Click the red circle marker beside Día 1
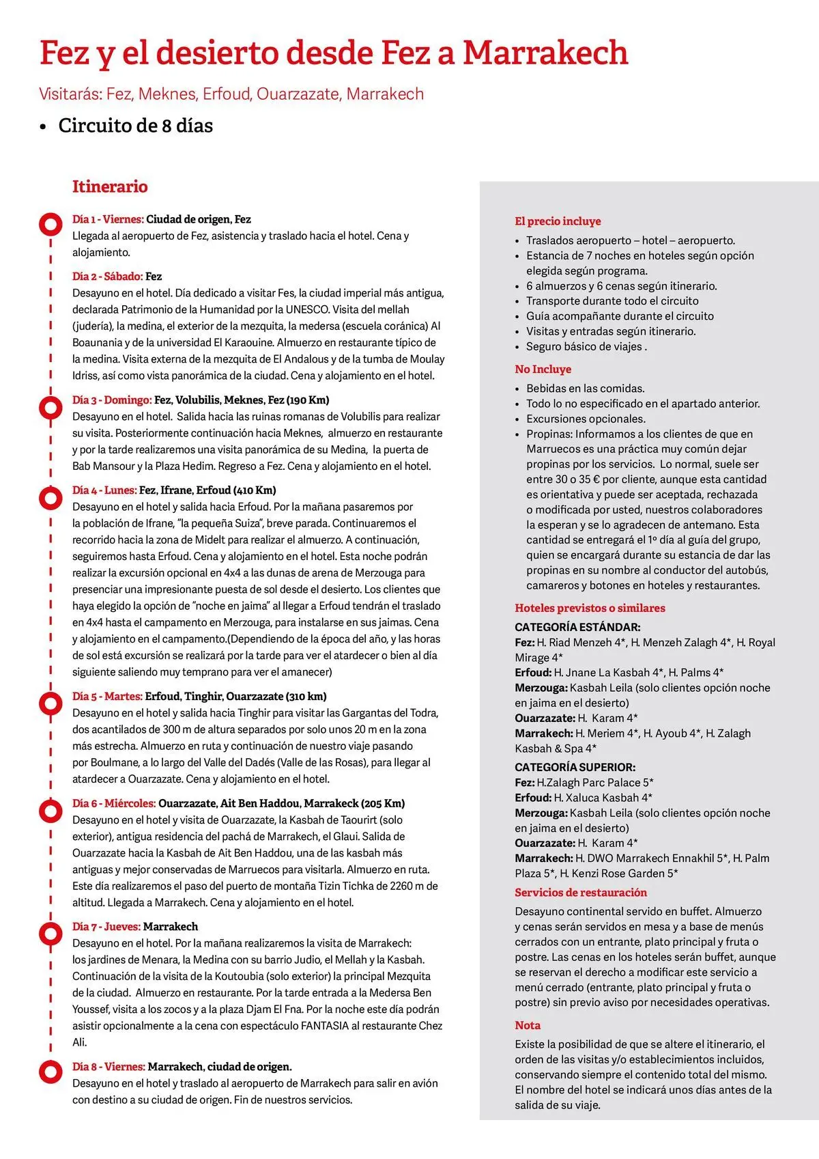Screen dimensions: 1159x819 [51, 224]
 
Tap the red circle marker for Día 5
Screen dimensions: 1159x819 [51, 701]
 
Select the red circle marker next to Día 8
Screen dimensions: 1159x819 [51, 1071]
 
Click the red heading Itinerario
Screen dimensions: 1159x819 [110, 186]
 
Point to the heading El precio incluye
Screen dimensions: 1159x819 [558, 221]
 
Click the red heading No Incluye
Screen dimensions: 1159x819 [543, 369]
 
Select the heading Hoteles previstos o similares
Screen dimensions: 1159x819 [590, 609]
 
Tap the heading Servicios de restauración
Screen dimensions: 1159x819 [581, 893]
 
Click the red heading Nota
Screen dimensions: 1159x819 [528, 1026]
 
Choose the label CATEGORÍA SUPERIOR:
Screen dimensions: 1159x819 [575, 767]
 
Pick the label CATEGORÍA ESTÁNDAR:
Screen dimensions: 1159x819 [577, 627]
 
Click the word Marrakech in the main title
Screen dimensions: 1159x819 [545, 53]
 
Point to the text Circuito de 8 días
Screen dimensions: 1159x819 [135, 126]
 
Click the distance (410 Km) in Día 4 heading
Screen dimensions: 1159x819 [255, 490]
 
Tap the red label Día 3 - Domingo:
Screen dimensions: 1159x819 [112, 400]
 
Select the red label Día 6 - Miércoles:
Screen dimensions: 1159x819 [114, 804]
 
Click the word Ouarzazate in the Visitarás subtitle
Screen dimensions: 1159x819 [298, 94]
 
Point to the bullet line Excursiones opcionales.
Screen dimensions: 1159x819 [586, 419]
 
